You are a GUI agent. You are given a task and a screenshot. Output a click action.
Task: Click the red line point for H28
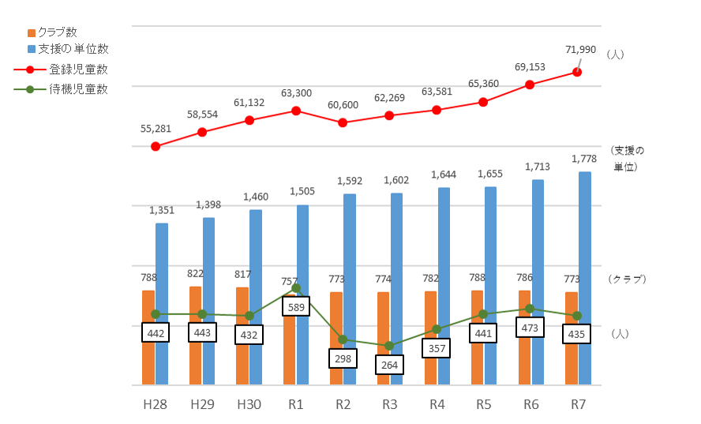click(x=156, y=146)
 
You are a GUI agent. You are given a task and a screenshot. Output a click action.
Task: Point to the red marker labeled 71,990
click(x=577, y=72)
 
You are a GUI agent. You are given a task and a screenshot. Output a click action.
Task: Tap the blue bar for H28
click(x=162, y=304)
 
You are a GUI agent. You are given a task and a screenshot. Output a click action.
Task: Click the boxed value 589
click(x=296, y=306)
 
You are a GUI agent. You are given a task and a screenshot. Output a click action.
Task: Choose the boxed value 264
click(x=389, y=365)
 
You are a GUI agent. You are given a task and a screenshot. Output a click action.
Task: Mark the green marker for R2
click(x=343, y=340)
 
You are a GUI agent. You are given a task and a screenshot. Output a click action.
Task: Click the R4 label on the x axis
click(x=437, y=404)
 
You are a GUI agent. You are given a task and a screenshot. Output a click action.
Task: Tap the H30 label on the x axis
click(x=249, y=404)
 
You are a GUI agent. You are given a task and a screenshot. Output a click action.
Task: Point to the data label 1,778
click(x=584, y=159)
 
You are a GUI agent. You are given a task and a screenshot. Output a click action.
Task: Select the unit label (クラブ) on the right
click(x=628, y=279)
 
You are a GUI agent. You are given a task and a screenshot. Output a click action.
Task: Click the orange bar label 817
click(x=242, y=275)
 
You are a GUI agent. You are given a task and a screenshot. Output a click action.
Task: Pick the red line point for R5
click(x=483, y=102)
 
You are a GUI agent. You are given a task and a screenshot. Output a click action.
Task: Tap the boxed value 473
click(x=530, y=327)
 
